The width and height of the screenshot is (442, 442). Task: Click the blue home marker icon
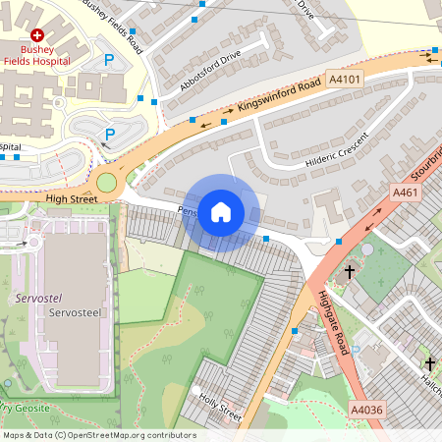pos(221,211)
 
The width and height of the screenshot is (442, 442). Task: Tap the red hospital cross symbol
pos(36,33)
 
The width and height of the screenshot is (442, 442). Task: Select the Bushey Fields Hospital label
pos(35,54)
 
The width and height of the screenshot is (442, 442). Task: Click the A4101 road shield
pos(345,79)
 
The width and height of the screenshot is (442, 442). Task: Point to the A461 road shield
pos(405,193)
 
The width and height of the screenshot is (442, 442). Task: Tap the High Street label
pos(72,198)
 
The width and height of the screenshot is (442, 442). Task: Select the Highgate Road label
pos(335,324)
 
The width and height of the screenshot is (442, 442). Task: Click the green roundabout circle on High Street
pos(107,182)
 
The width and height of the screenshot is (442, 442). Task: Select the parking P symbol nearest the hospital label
pos(109,61)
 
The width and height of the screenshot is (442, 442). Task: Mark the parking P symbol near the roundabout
pos(110,134)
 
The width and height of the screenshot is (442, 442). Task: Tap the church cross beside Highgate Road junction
pos(349,272)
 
